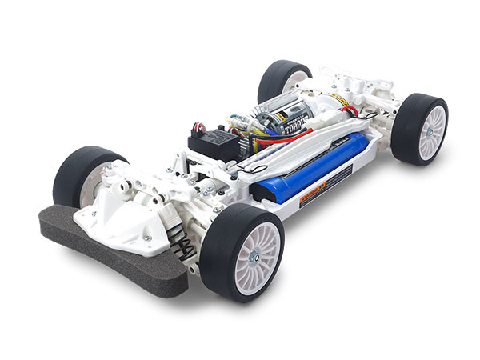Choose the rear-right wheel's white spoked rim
coord(432,130)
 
